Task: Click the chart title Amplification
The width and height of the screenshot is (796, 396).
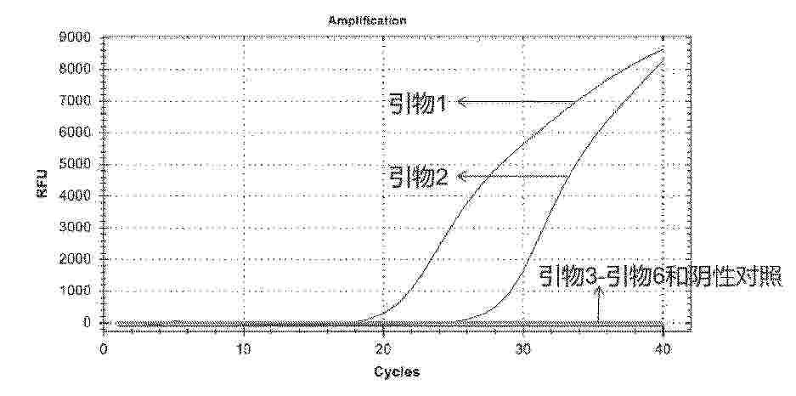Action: (367, 20)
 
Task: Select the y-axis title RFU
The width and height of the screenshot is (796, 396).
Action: (42, 182)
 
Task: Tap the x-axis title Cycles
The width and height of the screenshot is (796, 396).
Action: (397, 372)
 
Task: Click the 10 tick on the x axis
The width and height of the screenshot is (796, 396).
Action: (244, 348)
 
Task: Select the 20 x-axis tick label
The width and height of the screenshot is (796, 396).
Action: (383, 348)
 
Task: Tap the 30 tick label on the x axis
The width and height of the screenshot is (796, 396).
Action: (523, 348)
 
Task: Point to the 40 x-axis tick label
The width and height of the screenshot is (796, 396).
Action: (663, 348)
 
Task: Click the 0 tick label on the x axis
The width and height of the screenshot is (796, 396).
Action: (104, 348)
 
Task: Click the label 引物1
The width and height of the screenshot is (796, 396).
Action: (417, 103)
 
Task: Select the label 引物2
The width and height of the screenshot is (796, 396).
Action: (417, 177)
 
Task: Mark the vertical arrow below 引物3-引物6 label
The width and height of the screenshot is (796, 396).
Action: (598, 304)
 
